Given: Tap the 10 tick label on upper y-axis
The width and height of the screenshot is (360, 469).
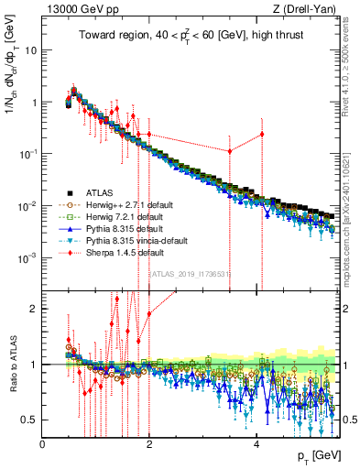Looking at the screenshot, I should pos(30,50).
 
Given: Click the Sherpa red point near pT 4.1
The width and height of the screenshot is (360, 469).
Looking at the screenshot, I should pos(262,135).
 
